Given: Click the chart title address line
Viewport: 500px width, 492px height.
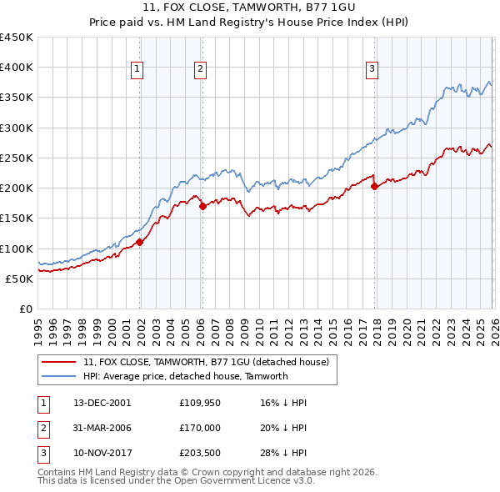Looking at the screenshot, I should [x=251, y=9].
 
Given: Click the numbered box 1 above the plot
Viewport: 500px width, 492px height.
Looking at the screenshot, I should [x=137, y=69].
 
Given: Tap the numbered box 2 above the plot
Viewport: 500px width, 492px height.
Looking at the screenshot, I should [x=201, y=69].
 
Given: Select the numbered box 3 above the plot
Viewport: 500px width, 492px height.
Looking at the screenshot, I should [x=372, y=69].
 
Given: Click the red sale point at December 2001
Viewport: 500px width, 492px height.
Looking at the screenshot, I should [x=139, y=242].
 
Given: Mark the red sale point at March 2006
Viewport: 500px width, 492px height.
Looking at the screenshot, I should [x=202, y=206].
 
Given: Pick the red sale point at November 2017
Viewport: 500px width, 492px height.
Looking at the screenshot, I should [x=374, y=186].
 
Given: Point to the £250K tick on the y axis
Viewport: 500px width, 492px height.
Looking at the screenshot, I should [x=17, y=158].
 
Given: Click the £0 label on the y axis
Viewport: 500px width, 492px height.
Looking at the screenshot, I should [x=25, y=309].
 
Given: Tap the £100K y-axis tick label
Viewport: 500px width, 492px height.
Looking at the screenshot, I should [x=17, y=249].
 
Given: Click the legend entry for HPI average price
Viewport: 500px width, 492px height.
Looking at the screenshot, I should [x=185, y=376].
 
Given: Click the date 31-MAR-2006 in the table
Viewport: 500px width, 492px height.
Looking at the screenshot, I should [x=104, y=428].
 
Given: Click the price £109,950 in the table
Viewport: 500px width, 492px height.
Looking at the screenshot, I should [x=200, y=403].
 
